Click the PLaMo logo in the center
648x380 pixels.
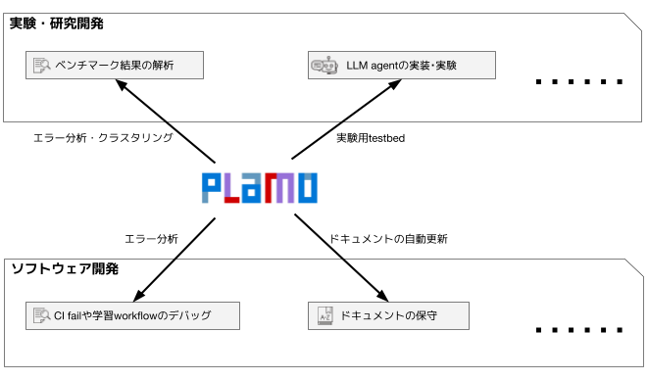(260, 188)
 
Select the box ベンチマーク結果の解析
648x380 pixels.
(115, 66)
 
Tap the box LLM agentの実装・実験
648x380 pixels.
(402, 66)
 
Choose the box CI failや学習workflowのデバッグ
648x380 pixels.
(132, 316)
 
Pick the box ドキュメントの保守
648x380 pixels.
(388, 316)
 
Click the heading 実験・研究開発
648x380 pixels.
(56, 24)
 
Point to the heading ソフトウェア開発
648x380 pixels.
(65, 269)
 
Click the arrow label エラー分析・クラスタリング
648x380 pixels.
(103, 137)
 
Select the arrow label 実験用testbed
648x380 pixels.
(371, 138)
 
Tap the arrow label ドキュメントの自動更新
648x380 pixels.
(388, 239)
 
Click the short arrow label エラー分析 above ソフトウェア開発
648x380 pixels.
(151, 239)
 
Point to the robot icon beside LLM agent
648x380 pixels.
(324, 66)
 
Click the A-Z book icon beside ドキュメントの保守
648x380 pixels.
(325, 316)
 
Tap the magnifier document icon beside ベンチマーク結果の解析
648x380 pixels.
(41, 66)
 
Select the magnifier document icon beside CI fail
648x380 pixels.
(41, 316)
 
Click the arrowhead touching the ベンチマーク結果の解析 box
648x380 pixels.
(121, 84)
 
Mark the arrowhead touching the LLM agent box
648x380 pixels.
(395, 84)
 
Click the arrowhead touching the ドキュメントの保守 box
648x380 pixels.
(382, 296)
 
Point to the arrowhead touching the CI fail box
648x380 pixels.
(139, 296)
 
